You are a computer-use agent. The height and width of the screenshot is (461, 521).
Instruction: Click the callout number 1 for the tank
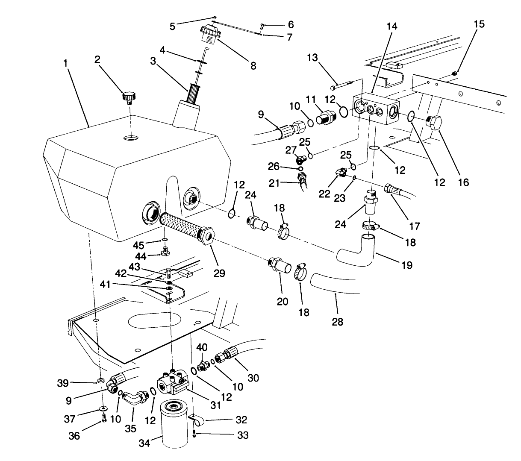point(65,63)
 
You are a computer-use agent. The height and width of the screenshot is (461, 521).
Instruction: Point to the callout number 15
point(479,24)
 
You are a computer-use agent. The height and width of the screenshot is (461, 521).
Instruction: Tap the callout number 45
point(138,245)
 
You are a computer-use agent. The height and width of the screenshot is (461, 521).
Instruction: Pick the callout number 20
point(282,302)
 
